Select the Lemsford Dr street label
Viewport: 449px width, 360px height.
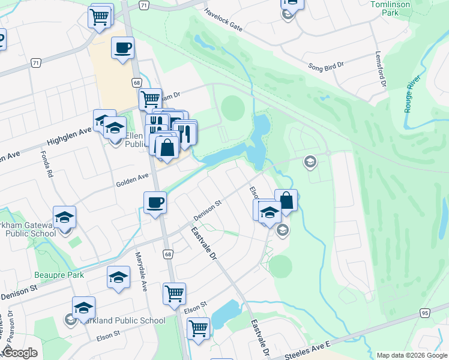pyautogui.click(x=380, y=69)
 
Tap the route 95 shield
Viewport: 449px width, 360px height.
pyautogui.click(x=424, y=313)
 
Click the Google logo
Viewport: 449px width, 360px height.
pyautogui.click(x=20, y=352)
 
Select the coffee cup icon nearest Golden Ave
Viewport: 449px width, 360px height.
pyautogui.click(x=155, y=202)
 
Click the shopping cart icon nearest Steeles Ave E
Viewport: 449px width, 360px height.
pyautogui.click(x=198, y=328)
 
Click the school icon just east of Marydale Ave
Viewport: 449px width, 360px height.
pyautogui.click(x=119, y=277)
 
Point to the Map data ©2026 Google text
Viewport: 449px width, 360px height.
pyautogui.click(x=411, y=355)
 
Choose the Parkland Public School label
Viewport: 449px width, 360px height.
pyautogui.click(x=122, y=320)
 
